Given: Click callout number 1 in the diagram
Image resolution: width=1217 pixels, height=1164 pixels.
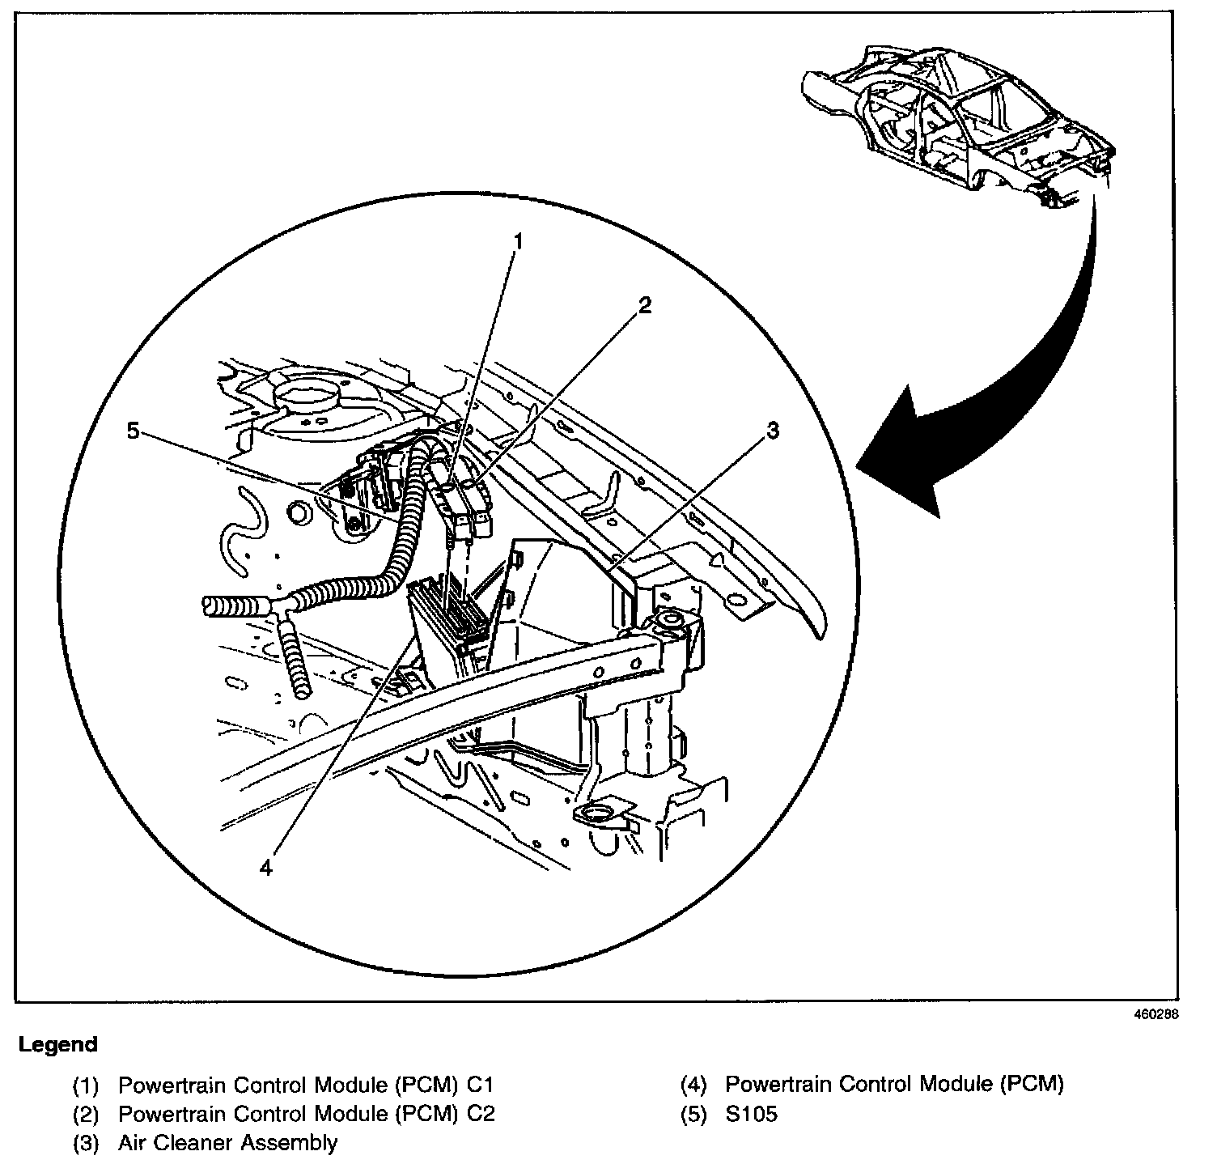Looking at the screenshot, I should click(519, 242).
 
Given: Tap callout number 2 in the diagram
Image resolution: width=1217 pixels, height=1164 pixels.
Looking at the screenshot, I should click(644, 305).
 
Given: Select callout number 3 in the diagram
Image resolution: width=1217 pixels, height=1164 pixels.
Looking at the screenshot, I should click(773, 431).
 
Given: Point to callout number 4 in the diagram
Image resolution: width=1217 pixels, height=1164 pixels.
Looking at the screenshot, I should click(267, 867).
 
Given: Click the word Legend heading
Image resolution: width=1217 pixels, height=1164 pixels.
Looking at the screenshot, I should click(58, 1044).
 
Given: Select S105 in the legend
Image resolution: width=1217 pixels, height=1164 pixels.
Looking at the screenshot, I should click(751, 1114).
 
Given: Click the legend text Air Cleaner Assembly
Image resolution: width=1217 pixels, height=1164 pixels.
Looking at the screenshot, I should click(227, 1143).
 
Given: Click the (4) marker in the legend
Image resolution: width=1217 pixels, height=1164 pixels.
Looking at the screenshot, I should click(694, 1085).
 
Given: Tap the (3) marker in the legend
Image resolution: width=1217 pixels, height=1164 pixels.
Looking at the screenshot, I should click(86, 1143).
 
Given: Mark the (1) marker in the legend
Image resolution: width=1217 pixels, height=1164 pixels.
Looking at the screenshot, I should click(86, 1085).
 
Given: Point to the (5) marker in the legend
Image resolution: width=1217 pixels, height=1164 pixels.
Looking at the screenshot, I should click(694, 1114).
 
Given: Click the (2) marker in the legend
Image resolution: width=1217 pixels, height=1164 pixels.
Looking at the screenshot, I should click(86, 1114).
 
